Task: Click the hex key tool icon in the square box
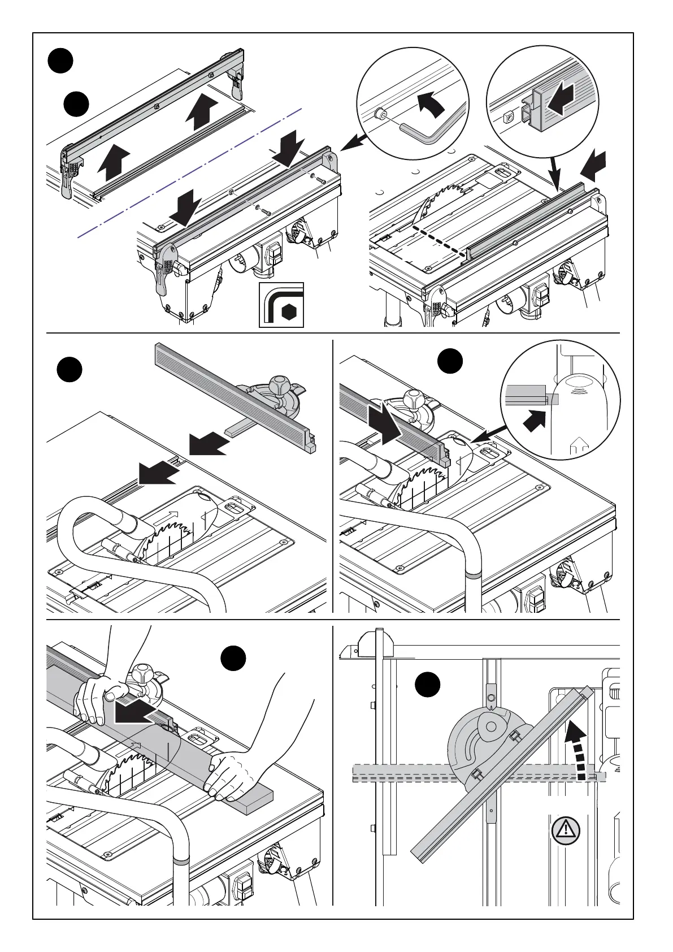point(281,306)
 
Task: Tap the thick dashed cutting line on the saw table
point(441,242)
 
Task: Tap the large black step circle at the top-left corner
point(60,61)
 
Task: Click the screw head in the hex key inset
point(381,114)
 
